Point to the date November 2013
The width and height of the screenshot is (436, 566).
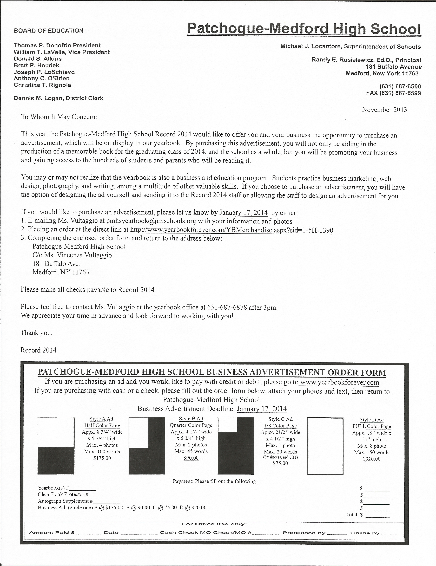coord(384,110)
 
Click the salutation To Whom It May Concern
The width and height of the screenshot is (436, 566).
coord(59,117)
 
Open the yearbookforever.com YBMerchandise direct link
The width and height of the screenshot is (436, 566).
coord(232,230)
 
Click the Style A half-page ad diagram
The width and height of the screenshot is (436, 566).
coord(56,445)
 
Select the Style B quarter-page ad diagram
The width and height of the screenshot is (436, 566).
coord(147,445)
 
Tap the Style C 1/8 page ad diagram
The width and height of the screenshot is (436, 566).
coord(236,445)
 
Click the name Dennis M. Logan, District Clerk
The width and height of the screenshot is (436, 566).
coord(58,98)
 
